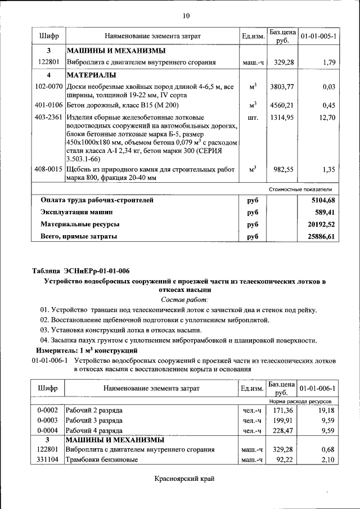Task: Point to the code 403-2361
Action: coord(48,118)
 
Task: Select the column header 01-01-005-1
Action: coord(318,37)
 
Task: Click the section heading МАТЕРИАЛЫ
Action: coord(91,75)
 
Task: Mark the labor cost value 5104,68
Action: coord(323,200)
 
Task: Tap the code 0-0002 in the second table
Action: coord(48,411)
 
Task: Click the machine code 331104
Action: coord(48,460)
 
